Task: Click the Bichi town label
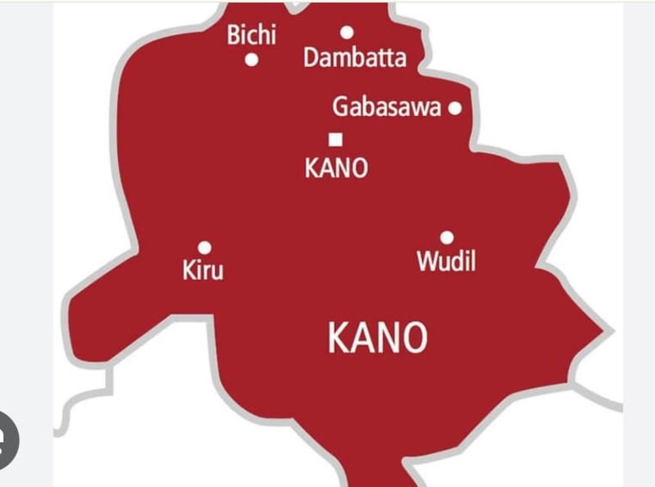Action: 251,36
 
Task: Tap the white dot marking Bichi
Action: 252,59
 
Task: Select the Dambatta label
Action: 355,58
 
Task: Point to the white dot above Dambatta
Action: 347,33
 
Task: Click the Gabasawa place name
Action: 386,108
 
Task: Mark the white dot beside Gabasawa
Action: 455,107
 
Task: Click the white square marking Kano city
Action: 335,139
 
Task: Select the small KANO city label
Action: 336,169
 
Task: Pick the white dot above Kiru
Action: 205,247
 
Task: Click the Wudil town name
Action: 446,262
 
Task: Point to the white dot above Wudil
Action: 447,237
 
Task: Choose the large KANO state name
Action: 377,337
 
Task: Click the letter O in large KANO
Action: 413,337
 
